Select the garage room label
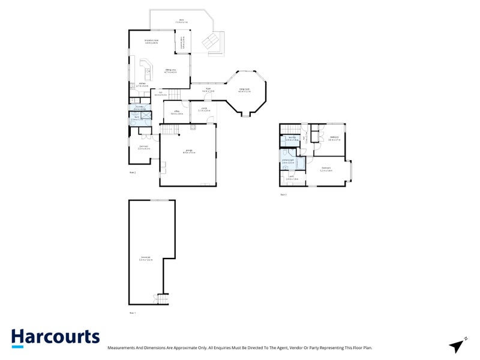(x=188, y=151)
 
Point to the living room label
(x=244, y=90)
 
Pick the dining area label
(x=171, y=71)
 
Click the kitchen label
(x=142, y=85)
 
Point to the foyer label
(x=208, y=90)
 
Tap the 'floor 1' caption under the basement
(x=133, y=313)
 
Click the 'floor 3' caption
(x=283, y=194)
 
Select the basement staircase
(x=161, y=298)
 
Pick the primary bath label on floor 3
(x=289, y=161)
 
